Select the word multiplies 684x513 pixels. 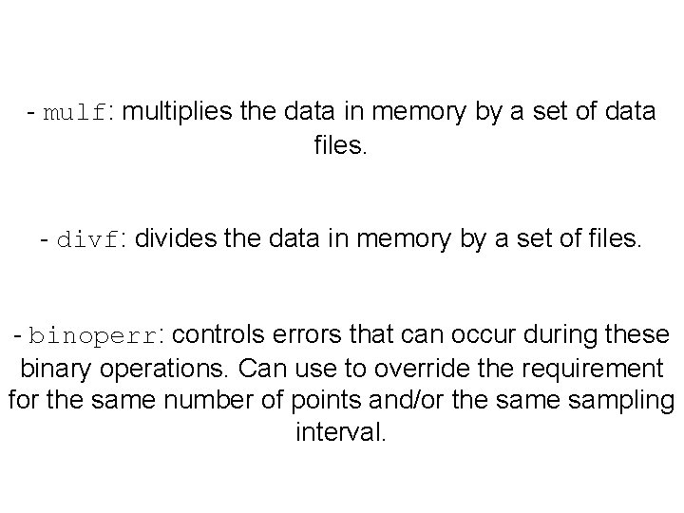click(x=179, y=113)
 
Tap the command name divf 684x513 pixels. click(x=88, y=241)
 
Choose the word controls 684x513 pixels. click(x=218, y=335)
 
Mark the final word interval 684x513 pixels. click(x=342, y=433)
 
